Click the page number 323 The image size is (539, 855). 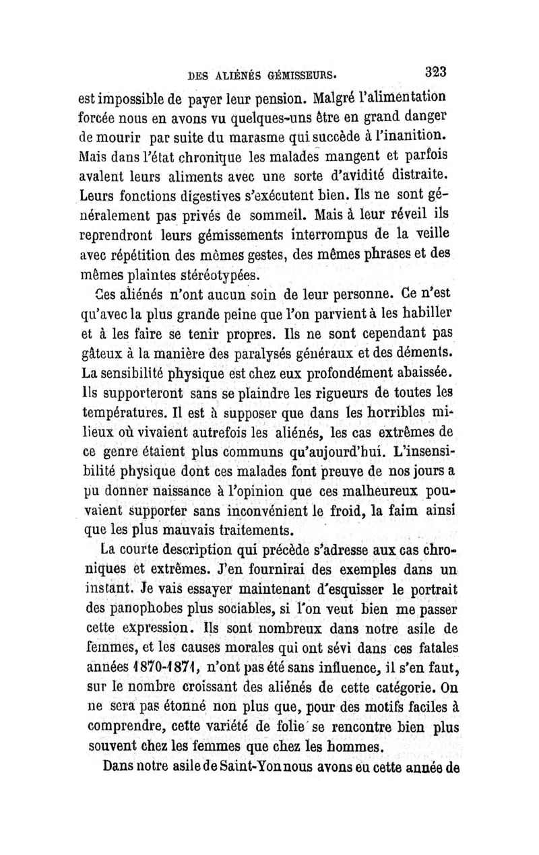coord(437,71)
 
